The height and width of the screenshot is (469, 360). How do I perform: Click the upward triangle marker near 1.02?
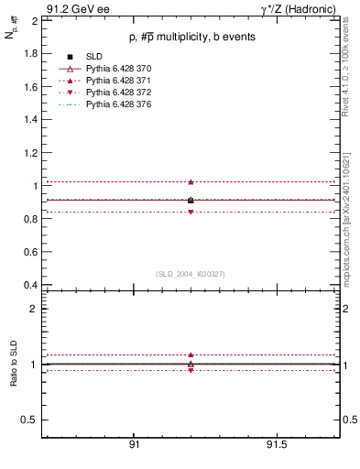click(x=191, y=182)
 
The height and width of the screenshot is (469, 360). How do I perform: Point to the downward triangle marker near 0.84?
click(x=191, y=212)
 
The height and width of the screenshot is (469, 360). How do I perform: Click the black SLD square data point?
click(x=191, y=200)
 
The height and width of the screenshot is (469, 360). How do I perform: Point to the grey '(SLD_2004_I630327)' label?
click(x=191, y=274)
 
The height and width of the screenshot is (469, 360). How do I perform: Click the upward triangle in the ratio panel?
click(x=191, y=354)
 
